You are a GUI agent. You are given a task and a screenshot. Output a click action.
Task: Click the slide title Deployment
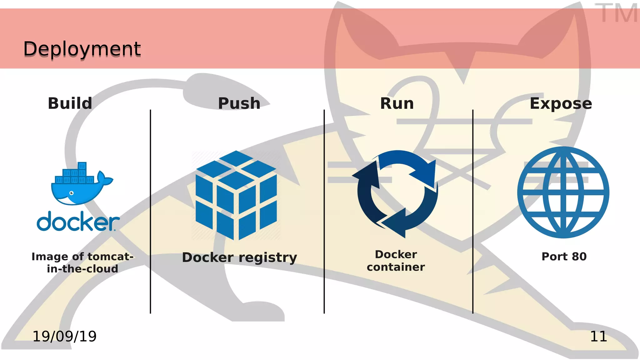pos(82,49)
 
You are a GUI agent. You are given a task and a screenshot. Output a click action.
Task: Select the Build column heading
pos(70,103)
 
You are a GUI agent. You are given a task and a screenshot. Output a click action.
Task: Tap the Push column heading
pos(239,103)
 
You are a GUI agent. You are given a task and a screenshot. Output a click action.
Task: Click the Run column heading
pos(397,103)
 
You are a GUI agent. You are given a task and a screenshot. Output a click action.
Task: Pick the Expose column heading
pos(561,103)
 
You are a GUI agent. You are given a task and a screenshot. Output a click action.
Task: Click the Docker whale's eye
pos(72,193)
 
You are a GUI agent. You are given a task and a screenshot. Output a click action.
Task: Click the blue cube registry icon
pos(236,195)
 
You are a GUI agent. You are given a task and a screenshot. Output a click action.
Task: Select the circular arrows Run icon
pos(396,194)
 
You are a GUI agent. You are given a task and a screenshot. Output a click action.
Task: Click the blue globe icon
pos(563,192)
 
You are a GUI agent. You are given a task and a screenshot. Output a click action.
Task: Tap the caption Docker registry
pos(239,257)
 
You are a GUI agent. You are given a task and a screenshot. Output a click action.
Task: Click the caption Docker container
pos(396,261)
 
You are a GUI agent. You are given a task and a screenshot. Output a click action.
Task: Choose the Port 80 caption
pos(564,257)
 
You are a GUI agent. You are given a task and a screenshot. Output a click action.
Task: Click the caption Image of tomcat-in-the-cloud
pos(82,262)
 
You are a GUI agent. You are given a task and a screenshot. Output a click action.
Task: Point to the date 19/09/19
pos(64,337)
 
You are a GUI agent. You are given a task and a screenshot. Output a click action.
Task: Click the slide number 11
pos(598,337)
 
